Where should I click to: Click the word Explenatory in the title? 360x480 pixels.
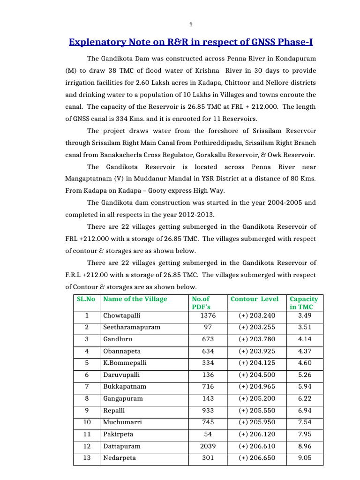(95, 42)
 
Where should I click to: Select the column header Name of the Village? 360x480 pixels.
(135, 299)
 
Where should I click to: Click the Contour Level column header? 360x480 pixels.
(255, 299)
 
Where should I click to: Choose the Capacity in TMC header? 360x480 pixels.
(304, 303)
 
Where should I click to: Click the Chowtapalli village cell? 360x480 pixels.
(122, 315)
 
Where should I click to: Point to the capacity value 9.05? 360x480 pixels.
(305, 458)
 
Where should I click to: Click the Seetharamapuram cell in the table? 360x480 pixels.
(132, 327)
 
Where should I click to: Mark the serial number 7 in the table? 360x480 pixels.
(86, 387)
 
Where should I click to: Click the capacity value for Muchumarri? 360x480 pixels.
(305, 422)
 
